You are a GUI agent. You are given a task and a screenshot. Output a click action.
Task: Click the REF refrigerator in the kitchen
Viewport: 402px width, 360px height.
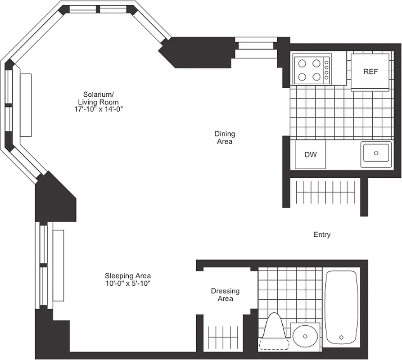pyautogui.click(x=370, y=72)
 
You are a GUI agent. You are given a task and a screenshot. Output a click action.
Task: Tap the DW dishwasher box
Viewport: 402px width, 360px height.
pyautogui.click(x=310, y=154)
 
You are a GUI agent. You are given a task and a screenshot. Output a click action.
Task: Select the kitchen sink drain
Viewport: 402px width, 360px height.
pyautogui.click(x=376, y=153)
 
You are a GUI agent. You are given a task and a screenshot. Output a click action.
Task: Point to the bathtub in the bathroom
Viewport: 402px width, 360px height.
pyautogui.click(x=341, y=307)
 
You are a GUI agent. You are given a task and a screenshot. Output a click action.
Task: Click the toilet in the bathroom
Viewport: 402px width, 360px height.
pyautogui.click(x=274, y=333)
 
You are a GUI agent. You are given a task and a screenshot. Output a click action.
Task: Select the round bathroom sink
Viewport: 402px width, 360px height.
pyautogui.click(x=304, y=336)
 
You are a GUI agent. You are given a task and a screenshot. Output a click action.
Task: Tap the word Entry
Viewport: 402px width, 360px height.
pyautogui.click(x=322, y=234)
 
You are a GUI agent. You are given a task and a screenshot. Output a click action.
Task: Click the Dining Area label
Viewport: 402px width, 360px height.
pyautogui.click(x=224, y=137)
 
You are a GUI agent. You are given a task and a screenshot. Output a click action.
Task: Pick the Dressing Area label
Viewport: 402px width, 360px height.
pyautogui.click(x=225, y=295)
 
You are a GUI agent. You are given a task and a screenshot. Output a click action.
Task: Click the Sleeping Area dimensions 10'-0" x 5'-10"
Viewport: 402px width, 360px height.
pyautogui.click(x=127, y=283)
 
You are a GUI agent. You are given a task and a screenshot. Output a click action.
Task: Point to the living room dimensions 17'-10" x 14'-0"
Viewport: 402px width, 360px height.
pyautogui.click(x=97, y=109)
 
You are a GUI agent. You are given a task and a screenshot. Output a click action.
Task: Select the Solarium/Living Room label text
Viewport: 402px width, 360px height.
pyautogui.click(x=98, y=98)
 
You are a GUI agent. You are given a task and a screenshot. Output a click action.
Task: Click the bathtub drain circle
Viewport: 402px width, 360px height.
pyautogui.click(x=341, y=337)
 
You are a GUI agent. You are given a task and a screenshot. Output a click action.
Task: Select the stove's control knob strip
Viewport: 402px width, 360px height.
pyautogui.click(x=326, y=69)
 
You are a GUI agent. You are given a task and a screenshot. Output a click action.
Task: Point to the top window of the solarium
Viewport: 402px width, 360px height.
pyautogui.click(x=99, y=9)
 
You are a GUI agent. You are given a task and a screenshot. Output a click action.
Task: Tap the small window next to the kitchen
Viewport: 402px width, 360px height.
pyautogui.click(x=256, y=48)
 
